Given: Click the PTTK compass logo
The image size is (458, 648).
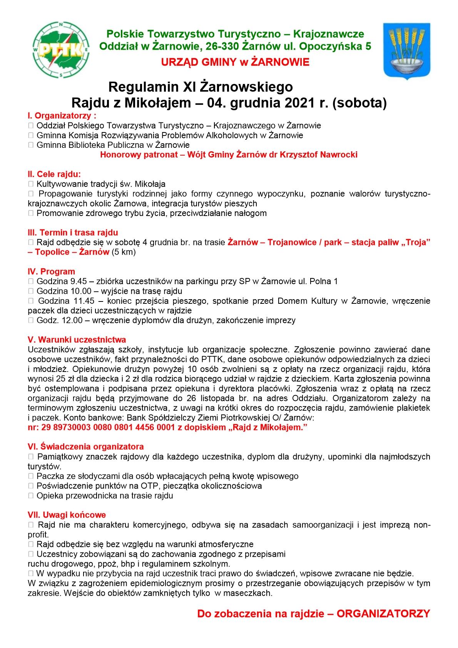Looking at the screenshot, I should [x=61, y=50].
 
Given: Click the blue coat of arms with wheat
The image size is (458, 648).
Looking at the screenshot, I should [x=406, y=50].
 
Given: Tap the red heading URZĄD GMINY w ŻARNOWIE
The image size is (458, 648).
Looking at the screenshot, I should [x=235, y=62].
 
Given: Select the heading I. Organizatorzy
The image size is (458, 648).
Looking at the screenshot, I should [x=62, y=116].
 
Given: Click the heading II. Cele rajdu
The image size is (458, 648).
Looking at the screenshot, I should [x=54, y=174].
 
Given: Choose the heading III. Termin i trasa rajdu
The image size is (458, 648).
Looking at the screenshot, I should [x=73, y=233].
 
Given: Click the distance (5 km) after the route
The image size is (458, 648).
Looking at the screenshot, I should [x=124, y=252].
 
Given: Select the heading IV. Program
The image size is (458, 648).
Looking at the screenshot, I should [x=51, y=272].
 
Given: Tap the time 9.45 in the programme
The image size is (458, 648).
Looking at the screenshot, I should [x=79, y=281].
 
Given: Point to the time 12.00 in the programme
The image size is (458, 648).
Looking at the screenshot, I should [x=72, y=320].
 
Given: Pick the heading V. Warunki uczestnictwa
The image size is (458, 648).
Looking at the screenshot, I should [x=77, y=340].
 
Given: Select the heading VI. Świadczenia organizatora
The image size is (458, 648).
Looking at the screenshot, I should [x=85, y=447].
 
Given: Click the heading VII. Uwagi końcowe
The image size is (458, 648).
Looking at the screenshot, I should [x=67, y=515].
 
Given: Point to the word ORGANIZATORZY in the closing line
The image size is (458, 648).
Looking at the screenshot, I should [x=383, y=614].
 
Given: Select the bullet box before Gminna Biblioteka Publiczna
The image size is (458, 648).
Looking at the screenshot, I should [x=31, y=145].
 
